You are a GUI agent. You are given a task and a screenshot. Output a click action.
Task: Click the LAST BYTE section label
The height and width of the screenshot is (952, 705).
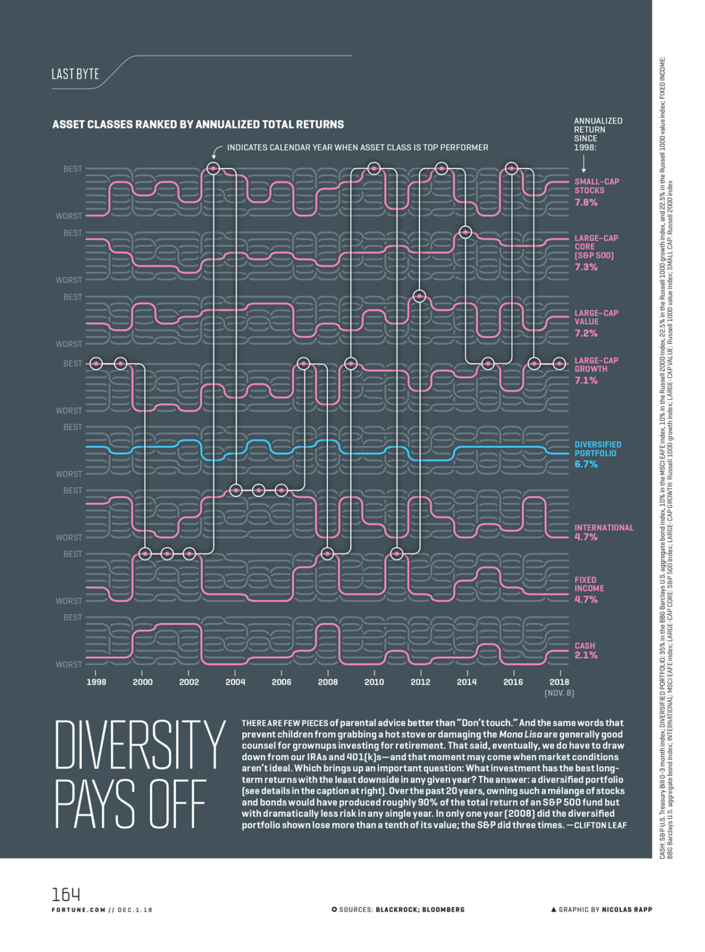tap(75, 75)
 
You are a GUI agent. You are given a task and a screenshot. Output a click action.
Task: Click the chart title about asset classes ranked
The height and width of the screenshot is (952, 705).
tap(198, 124)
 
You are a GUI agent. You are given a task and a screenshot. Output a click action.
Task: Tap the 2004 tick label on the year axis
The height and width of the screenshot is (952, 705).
tap(235, 682)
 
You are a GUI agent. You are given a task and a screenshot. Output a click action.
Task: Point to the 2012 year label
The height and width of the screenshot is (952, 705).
tap(420, 682)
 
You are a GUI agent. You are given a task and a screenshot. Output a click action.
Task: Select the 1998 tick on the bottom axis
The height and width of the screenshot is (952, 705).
tap(96, 682)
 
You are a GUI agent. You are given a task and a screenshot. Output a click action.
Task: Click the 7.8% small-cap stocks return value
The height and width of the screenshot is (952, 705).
tap(586, 203)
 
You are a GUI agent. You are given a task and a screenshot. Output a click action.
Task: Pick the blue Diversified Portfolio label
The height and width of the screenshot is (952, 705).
tap(598, 449)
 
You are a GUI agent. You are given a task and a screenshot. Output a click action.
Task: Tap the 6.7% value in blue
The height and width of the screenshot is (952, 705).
tap(586, 464)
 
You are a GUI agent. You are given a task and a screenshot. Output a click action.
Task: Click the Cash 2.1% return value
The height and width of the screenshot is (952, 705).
tap(586, 656)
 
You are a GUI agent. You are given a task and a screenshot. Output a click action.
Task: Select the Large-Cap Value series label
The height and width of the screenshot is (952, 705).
tap(596, 317)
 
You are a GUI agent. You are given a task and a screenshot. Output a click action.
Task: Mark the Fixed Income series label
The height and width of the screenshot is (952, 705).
tap(589, 584)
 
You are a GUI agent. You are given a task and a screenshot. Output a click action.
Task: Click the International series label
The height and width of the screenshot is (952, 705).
tap(603, 527)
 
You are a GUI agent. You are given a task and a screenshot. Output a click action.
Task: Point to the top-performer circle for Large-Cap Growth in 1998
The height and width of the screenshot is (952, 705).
tap(96, 364)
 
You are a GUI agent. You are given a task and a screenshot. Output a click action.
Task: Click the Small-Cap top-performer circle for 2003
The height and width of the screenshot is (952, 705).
tap(214, 169)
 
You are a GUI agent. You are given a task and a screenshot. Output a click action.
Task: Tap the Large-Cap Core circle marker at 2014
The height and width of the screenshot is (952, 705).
tap(466, 232)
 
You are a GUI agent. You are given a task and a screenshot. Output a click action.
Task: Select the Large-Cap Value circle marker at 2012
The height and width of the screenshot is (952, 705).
tap(419, 296)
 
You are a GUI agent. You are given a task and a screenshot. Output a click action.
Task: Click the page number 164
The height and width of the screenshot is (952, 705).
tap(66, 895)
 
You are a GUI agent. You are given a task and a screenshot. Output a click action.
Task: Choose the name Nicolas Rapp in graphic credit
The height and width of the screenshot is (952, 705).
tap(627, 910)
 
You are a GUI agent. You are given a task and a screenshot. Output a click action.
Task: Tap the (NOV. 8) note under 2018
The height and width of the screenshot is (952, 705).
tap(559, 694)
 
